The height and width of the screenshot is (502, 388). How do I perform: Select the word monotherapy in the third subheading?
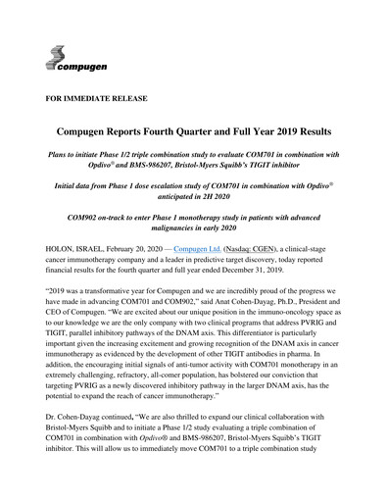click(218, 226)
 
